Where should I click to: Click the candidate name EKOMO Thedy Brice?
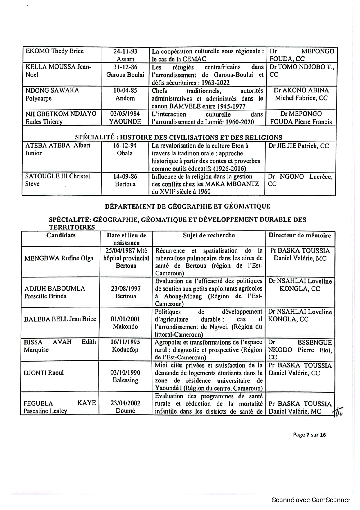point(55,51)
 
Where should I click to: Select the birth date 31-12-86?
point(125,67)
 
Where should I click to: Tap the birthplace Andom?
point(125,98)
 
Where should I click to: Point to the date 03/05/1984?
point(125,114)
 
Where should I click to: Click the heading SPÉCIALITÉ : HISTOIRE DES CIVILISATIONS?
point(179,137)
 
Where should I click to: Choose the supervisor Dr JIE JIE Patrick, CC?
point(299,146)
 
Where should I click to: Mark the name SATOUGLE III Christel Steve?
point(57,180)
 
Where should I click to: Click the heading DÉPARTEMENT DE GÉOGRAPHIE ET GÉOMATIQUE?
point(188,206)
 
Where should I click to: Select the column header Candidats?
point(61,235)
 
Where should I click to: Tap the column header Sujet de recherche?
point(209,235)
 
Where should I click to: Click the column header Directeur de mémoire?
point(300,235)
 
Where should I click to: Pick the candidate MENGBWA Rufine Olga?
point(59,258)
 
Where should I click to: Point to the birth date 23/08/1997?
point(126,289)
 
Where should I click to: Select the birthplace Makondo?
point(125,327)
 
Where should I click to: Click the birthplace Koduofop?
point(125,350)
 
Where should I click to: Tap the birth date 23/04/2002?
point(125,403)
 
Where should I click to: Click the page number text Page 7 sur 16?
point(309,435)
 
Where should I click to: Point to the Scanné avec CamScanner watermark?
point(311,500)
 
